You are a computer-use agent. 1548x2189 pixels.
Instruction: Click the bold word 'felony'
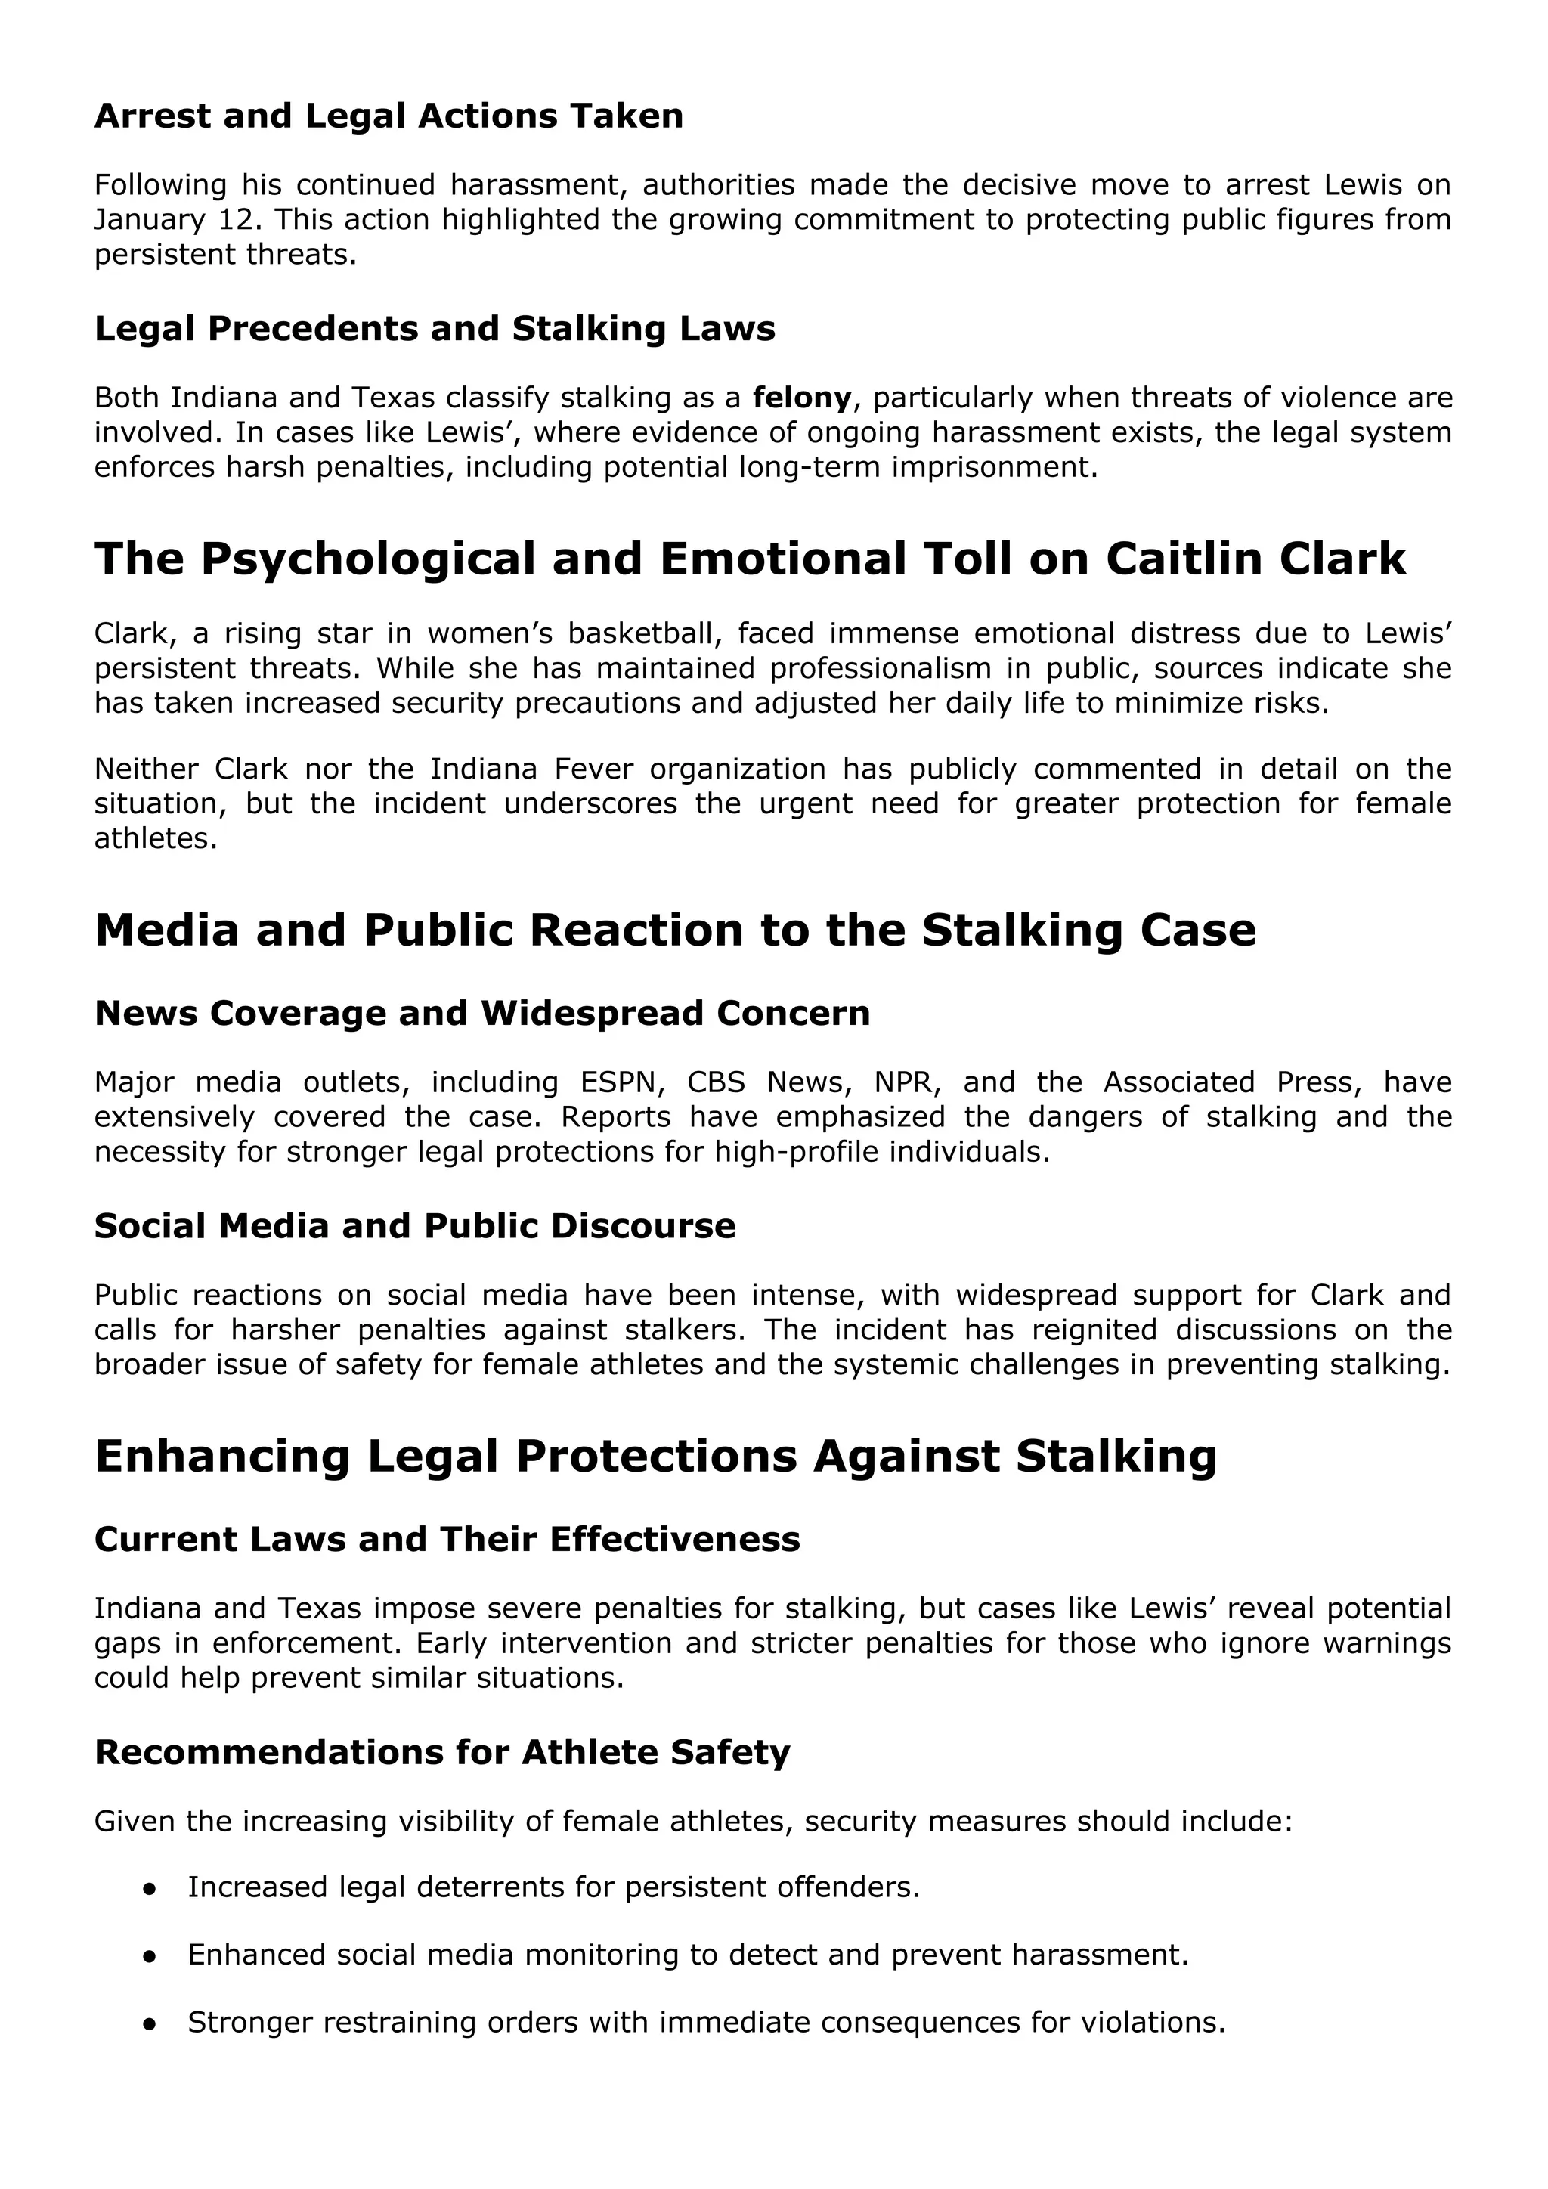802,397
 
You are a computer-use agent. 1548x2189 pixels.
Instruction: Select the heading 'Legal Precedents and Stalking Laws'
435,329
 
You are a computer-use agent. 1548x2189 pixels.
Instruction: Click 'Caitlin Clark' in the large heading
1255,559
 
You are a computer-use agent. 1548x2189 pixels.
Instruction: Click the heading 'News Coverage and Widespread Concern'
482,1014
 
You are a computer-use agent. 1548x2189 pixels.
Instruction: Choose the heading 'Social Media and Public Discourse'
415,1226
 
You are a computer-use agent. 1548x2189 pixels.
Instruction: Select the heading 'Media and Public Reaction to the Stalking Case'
675,930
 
